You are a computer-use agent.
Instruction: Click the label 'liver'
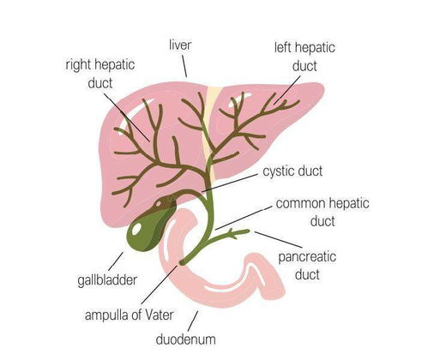[x=180, y=45]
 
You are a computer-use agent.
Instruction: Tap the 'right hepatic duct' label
[x=100, y=74]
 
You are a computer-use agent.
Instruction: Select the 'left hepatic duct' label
[x=304, y=57]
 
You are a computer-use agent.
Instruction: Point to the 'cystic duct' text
[x=292, y=171]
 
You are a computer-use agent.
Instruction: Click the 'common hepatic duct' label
[x=323, y=213]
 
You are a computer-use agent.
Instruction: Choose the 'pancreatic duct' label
[x=307, y=266]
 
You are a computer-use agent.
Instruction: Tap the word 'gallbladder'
[x=107, y=280]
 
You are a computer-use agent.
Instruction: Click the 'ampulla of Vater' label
[x=130, y=315]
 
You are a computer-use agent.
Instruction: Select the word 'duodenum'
[x=186, y=339]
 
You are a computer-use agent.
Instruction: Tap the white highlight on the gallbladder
[x=136, y=229]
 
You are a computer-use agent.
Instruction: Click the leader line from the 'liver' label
[x=184, y=66]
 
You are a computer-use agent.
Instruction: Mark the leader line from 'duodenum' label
[x=193, y=321]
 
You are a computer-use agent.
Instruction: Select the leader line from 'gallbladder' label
[x=116, y=261]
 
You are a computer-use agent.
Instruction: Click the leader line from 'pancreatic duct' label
[x=278, y=239]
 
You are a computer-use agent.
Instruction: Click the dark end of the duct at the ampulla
[x=181, y=262]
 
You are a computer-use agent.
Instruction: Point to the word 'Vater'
[x=160, y=315]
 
